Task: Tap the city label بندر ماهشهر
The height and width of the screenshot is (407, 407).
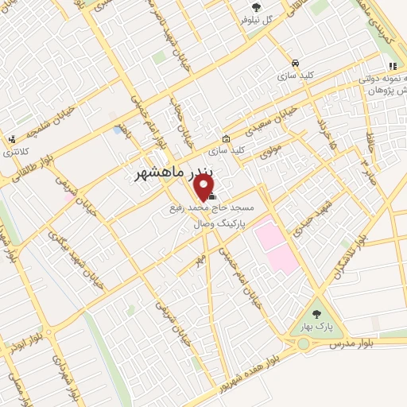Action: pyautogui.click(x=169, y=172)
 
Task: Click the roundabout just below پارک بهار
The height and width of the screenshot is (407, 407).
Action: pyautogui.click(x=304, y=344)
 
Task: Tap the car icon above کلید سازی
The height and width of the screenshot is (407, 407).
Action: pyautogui.click(x=295, y=63)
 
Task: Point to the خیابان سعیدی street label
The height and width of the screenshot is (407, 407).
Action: pyautogui.click(x=273, y=118)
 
